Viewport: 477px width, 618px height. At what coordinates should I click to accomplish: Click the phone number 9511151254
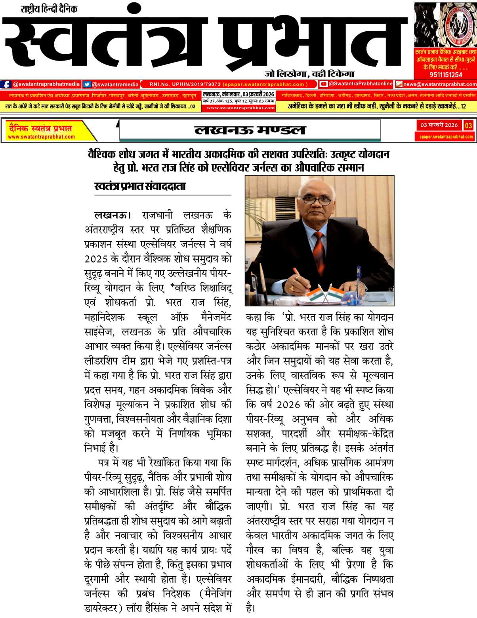[x=445, y=74]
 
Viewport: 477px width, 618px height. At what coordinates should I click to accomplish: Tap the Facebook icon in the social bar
[x=6, y=84]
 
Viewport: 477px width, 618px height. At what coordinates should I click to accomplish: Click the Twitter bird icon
[x=87, y=84]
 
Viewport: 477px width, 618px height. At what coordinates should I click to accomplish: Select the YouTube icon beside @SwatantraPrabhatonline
[x=324, y=84]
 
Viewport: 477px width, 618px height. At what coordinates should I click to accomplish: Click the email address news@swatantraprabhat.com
[x=440, y=84]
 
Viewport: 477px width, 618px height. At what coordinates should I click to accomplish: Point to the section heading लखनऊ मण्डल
[x=250, y=130]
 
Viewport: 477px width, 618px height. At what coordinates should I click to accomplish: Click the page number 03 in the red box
[x=468, y=125]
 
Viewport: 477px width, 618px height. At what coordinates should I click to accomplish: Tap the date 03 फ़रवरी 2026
[x=439, y=125]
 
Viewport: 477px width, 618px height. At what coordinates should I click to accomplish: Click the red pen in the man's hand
[x=300, y=277]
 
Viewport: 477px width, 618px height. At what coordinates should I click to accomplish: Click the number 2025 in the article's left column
[x=96, y=259]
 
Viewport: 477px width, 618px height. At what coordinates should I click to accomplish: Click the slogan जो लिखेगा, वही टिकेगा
[x=309, y=73]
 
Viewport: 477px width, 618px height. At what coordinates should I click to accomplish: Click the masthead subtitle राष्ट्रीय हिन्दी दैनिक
[x=49, y=8]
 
